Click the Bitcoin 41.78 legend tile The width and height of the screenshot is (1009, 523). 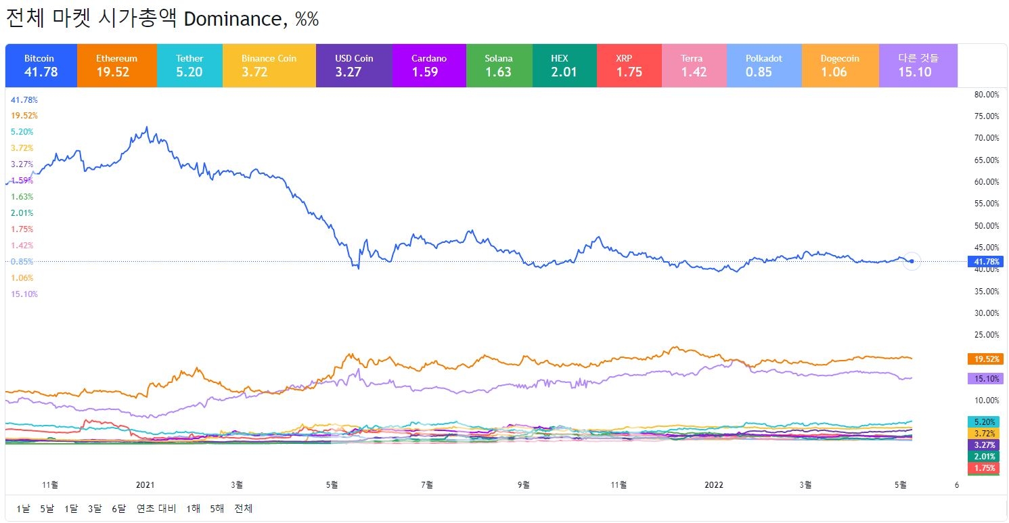41,66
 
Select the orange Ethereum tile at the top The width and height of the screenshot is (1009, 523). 116,66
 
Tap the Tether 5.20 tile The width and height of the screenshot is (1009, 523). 189,66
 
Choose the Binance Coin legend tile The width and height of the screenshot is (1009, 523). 269,66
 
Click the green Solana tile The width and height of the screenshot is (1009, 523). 499,66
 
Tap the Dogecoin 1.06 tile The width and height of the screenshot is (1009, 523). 840,66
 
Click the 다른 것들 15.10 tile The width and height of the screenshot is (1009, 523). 918,66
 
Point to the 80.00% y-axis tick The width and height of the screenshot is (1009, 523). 986,95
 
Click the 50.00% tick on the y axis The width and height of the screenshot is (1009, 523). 986,226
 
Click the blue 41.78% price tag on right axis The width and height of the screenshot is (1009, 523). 986,261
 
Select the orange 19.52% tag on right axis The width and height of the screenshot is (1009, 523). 986,359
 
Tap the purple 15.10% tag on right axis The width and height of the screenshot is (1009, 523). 986,379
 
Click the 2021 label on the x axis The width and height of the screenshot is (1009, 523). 145,484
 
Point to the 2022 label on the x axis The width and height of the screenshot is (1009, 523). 714,484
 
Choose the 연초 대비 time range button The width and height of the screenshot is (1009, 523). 156,508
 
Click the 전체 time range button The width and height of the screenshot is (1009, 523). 243,508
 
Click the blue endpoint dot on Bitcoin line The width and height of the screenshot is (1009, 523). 912,261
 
